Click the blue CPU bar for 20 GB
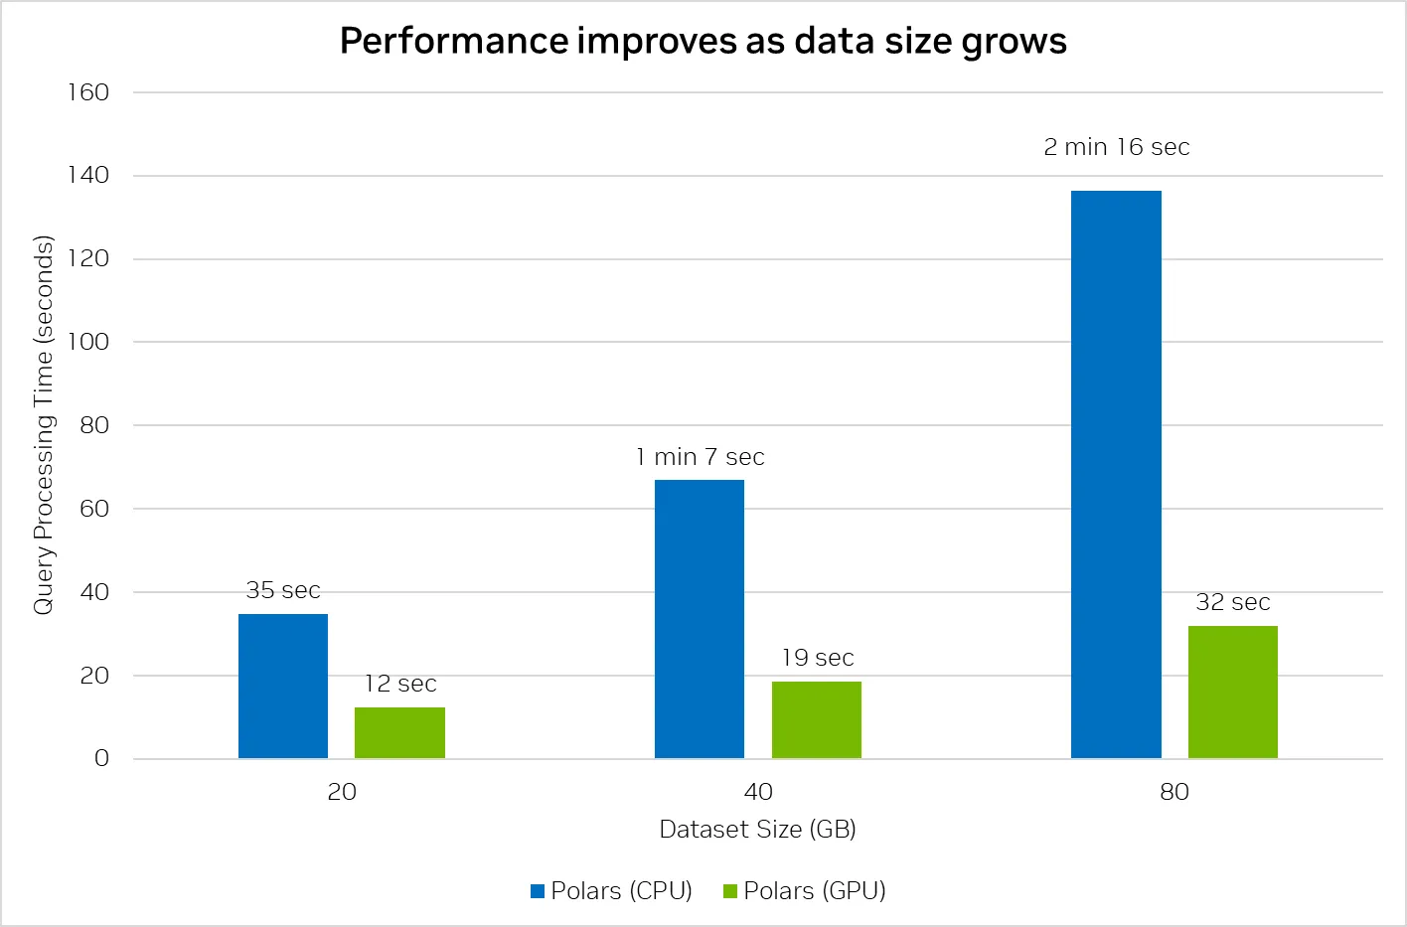tap(283, 686)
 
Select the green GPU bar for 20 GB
tap(399, 732)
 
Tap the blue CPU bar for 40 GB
tap(700, 619)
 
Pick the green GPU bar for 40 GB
tap(817, 719)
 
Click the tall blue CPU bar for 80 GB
tap(1116, 474)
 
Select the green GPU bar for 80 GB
tap(1233, 692)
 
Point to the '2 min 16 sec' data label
tap(1116, 147)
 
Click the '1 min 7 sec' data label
tap(700, 457)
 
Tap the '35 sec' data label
tap(283, 590)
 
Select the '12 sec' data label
tap(399, 684)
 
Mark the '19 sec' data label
tap(817, 658)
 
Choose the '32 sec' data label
tap(1233, 602)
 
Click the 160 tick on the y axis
tap(88, 92)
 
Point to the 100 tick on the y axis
tap(88, 342)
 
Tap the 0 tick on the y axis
tap(101, 758)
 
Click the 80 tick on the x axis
tap(1174, 792)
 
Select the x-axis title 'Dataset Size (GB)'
tap(757, 830)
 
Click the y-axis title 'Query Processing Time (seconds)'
tap(43, 425)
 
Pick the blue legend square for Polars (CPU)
tap(538, 891)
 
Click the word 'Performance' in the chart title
tap(453, 41)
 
